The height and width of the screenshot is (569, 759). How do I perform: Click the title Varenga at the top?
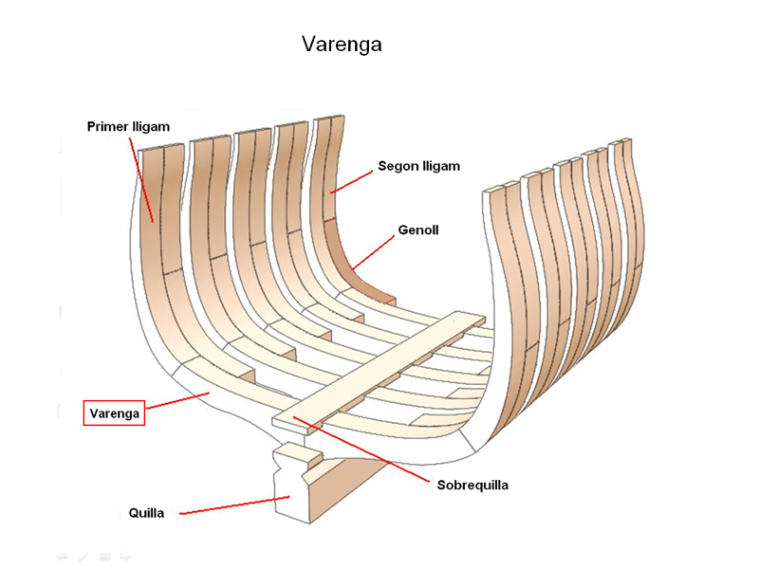coord(342,45)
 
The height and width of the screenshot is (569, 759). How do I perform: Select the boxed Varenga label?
coord(114,413)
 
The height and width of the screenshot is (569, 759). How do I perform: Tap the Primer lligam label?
coord(128,126)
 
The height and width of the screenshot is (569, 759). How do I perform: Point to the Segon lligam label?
coord(418,166)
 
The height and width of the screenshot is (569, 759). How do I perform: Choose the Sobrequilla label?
coord(472,485)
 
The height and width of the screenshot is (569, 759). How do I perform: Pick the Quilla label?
coord(147,513)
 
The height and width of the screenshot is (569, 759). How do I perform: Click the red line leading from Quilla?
coord(232,505)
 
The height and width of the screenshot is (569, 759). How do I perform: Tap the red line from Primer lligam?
coord(141,176)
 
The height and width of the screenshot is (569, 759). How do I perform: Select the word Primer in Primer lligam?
coord(107,126)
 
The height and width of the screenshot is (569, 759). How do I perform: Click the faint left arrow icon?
coord(62,556)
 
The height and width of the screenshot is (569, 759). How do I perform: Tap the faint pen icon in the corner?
coord(83,556)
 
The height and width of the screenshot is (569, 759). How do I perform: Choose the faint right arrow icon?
coord(125,556)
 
